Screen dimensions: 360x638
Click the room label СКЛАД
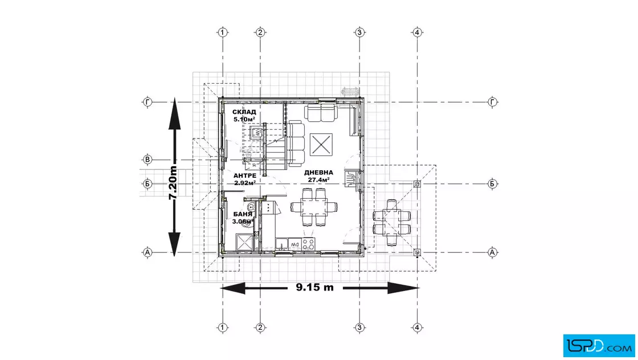(x=244, y=112)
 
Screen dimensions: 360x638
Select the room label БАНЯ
(x=242, y=214)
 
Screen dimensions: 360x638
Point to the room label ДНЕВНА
(x=319, y=172)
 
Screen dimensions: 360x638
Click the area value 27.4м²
(x=320, y=179)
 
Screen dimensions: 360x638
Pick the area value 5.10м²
(x=244, y=120)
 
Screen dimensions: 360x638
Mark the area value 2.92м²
(x=244, y=183)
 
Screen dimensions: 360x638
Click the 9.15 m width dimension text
(x=314, y=288)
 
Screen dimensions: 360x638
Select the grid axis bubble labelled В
(x=148, y=159)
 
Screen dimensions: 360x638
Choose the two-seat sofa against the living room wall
(x=321, y=113)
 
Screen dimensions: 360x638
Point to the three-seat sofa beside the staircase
(x=296, y=143)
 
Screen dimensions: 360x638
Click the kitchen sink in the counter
(x=283, y=246)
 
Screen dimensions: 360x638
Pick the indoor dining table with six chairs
(x=314, y=208)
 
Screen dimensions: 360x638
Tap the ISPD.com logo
(x=599, y=343)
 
